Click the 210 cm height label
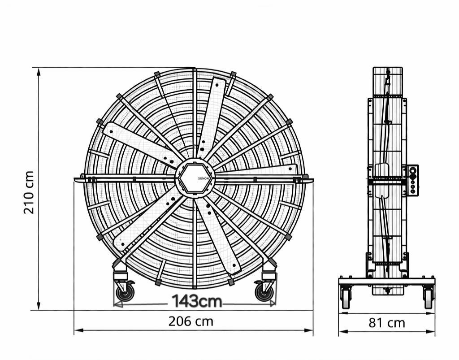pyautogui.click(x=29, y=192)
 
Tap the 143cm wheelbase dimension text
pyautogui.click(x=197, y=301)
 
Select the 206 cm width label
pyautogui.click(x=191, y=321)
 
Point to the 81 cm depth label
pyautogui.click(x=387, y=323)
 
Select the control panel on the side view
pyautogui.click(x=412, y=180)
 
